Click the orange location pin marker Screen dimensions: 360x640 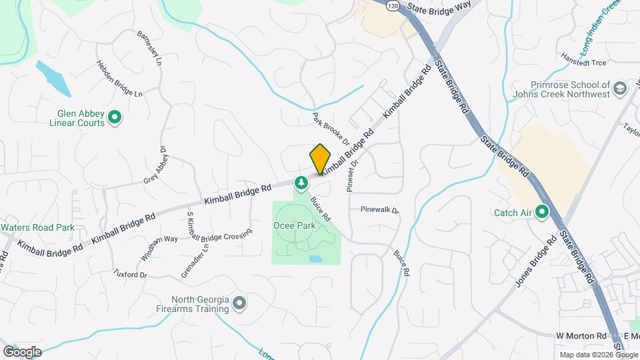[320, 159]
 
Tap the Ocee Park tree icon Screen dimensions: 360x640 [301, 182]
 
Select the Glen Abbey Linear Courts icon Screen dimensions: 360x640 [115, 118]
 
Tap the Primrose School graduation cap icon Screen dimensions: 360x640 [620, 89]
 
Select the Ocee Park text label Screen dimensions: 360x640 [294, 226]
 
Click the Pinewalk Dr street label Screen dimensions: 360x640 [379, 210]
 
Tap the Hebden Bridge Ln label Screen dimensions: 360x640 [120, 79]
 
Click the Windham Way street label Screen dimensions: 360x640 [159, 247]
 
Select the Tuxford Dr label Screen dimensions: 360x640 [130, 273]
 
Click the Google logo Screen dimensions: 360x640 [22, 351]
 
